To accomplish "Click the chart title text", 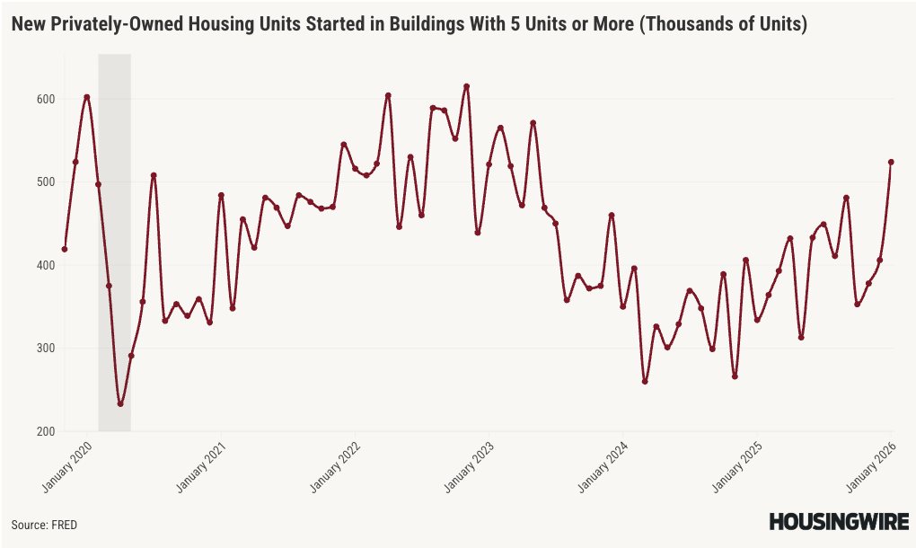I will coord(409,25).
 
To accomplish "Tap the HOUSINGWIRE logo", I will coord(838,522).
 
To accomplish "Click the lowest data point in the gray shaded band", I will coord(120,404).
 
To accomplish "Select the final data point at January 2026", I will coord(891,162).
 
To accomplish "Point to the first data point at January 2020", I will coord(65,249).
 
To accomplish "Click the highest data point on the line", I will coord(467,86).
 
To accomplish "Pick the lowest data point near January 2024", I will coord(645,382).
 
